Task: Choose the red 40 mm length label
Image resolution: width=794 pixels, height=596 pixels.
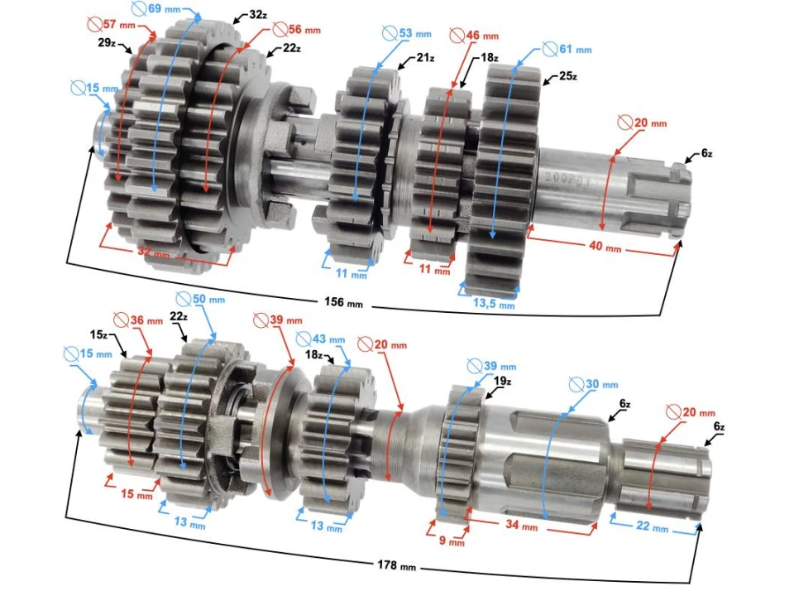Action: [x=606, y=248]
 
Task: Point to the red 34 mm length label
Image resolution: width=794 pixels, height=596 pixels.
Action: [x=523, y=526]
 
